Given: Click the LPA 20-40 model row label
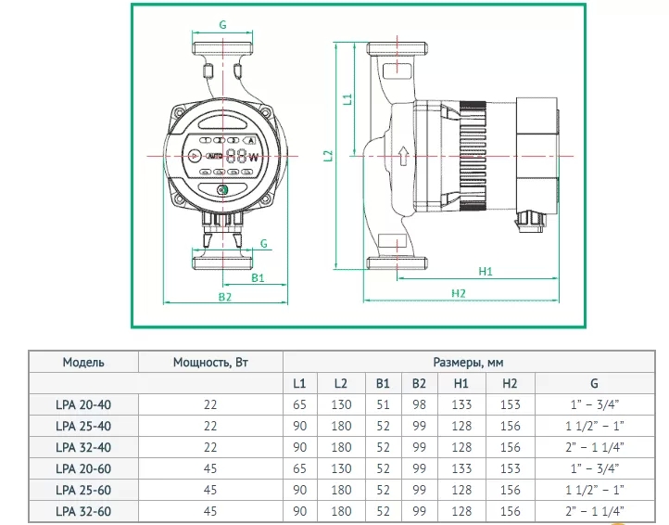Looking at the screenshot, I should pyautogui.click(x=83, y=404).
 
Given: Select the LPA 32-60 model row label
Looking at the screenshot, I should pyautogui.click(x=83, y=511).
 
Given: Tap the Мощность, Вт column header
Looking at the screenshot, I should pyautogui.click(x=210, y=362).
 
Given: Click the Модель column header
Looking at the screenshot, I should pyautogui.click(x=83, y=362).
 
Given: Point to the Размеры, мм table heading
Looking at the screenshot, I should pyautogui.click(x=469, y=362).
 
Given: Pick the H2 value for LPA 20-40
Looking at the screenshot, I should pyautogui.click(x=510, y=404).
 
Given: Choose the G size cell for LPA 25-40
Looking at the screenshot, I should pyautogui.click(x=594, y=426).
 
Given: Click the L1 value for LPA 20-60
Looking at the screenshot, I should pyautogui.click(x=299, y=468).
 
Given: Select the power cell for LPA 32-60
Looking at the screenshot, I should pyautogui.click(x=210, y=511).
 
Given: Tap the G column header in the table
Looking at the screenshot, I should pyautogui.click(x=594, y=383).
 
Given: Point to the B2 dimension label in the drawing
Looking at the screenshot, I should pyautogui.click(x=225, y=297).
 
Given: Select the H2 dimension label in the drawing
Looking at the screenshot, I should pyautogui.click(x=459, y=294).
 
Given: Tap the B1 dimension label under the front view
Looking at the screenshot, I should pyautogui.click(x=259, y=276).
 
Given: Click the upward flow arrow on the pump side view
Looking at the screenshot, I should pyautogui.click(x=402, y=155).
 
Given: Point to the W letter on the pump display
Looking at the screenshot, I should pyautogui.click(x=253, y=158).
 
